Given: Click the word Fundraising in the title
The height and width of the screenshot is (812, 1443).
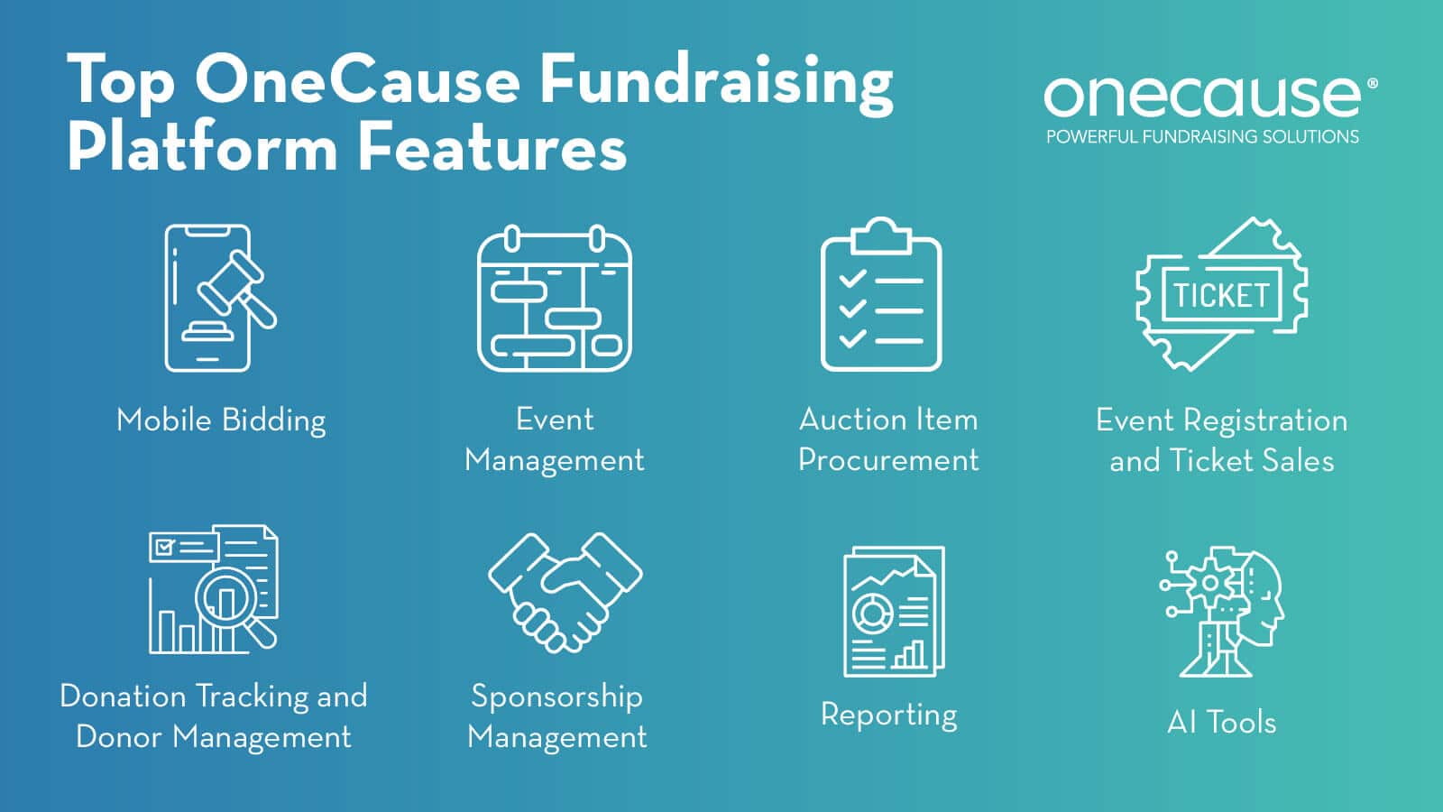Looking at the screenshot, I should (716, 81).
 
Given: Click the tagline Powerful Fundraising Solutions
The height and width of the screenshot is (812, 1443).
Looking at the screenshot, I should (1202, 137).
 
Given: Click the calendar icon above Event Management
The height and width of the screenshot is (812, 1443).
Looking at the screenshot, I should (554, 299).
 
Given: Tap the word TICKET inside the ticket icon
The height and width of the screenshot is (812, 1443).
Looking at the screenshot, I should (1221, 295).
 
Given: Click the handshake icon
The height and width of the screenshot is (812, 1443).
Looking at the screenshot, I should (565, 590).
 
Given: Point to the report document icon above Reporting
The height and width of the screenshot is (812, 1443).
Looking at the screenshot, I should (893, 611).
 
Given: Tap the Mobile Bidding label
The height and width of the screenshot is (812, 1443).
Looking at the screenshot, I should (221, 420).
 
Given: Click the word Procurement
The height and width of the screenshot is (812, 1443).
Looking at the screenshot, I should (888, 460).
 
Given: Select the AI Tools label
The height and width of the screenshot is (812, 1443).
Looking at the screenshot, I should (1221, 722).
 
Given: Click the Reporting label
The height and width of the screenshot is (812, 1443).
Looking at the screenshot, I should (888, 715).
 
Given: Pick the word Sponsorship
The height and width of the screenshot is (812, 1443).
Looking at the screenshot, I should (556, 697).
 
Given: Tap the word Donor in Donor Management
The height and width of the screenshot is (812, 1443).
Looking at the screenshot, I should (120, 736).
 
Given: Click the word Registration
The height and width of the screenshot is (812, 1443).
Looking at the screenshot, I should (1265, 420).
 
